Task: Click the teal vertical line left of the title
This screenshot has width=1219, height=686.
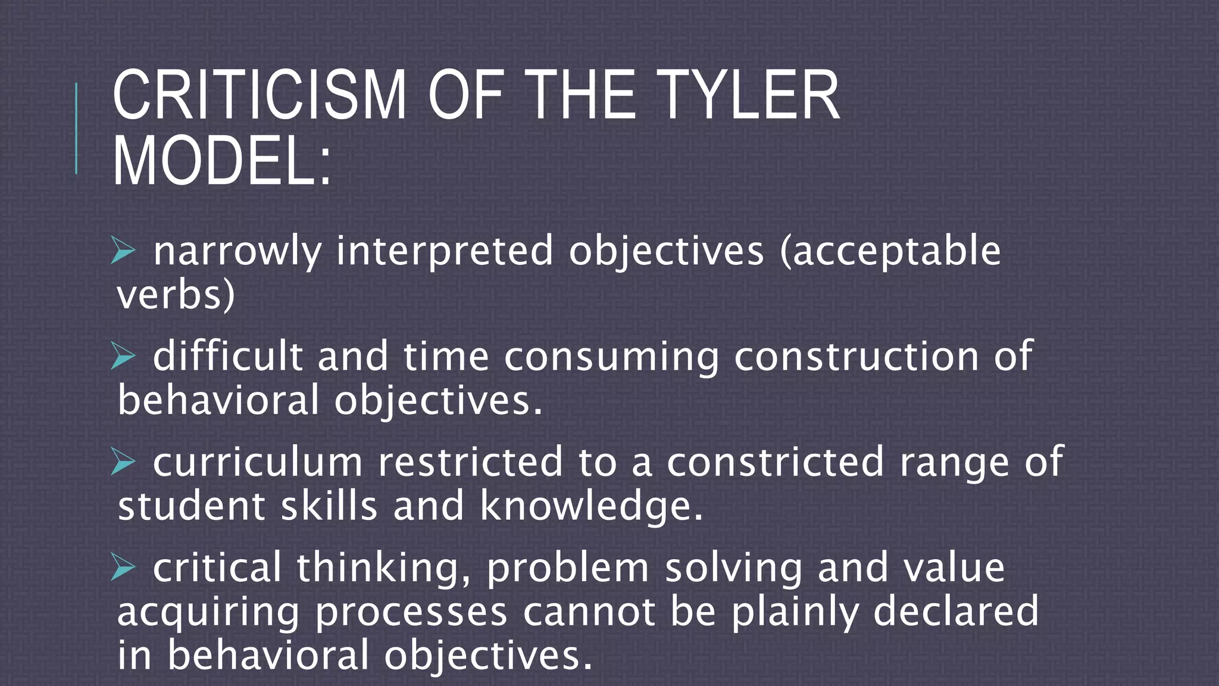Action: pos(76,129)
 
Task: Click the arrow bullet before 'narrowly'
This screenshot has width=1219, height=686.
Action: pos(123,250)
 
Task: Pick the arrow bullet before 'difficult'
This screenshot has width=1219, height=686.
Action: pos(123,356)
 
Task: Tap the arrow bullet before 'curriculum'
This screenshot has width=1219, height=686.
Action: pos(123,462)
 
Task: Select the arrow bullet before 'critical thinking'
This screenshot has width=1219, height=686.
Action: pos(123,567)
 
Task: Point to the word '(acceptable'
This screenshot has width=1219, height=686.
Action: pos(890,251)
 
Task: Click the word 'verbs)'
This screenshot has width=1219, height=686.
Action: pos(176,295)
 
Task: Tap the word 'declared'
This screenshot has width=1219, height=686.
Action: pos(955,612)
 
